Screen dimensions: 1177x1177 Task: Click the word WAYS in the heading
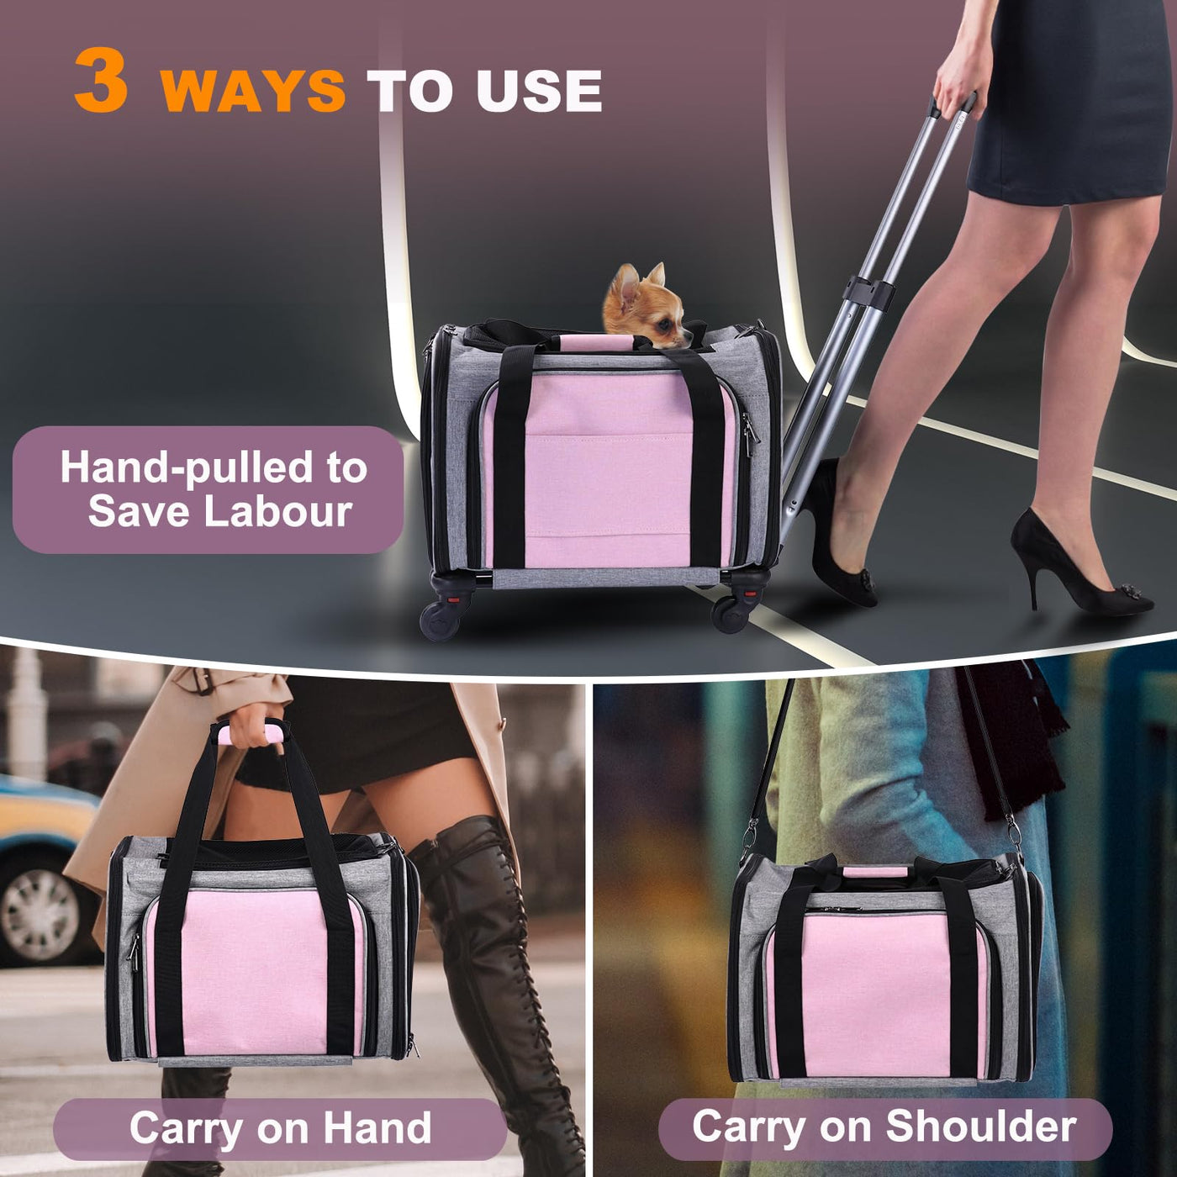point(254,90)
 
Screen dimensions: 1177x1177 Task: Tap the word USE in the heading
point(540,90)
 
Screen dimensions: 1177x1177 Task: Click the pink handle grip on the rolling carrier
point(587,341)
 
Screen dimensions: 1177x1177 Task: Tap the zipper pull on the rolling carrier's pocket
point(749,428)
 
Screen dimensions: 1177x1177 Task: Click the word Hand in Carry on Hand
point(377,1128)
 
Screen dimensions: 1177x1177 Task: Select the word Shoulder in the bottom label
point(981,1127)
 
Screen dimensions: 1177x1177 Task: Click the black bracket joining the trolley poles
point(868,292)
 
